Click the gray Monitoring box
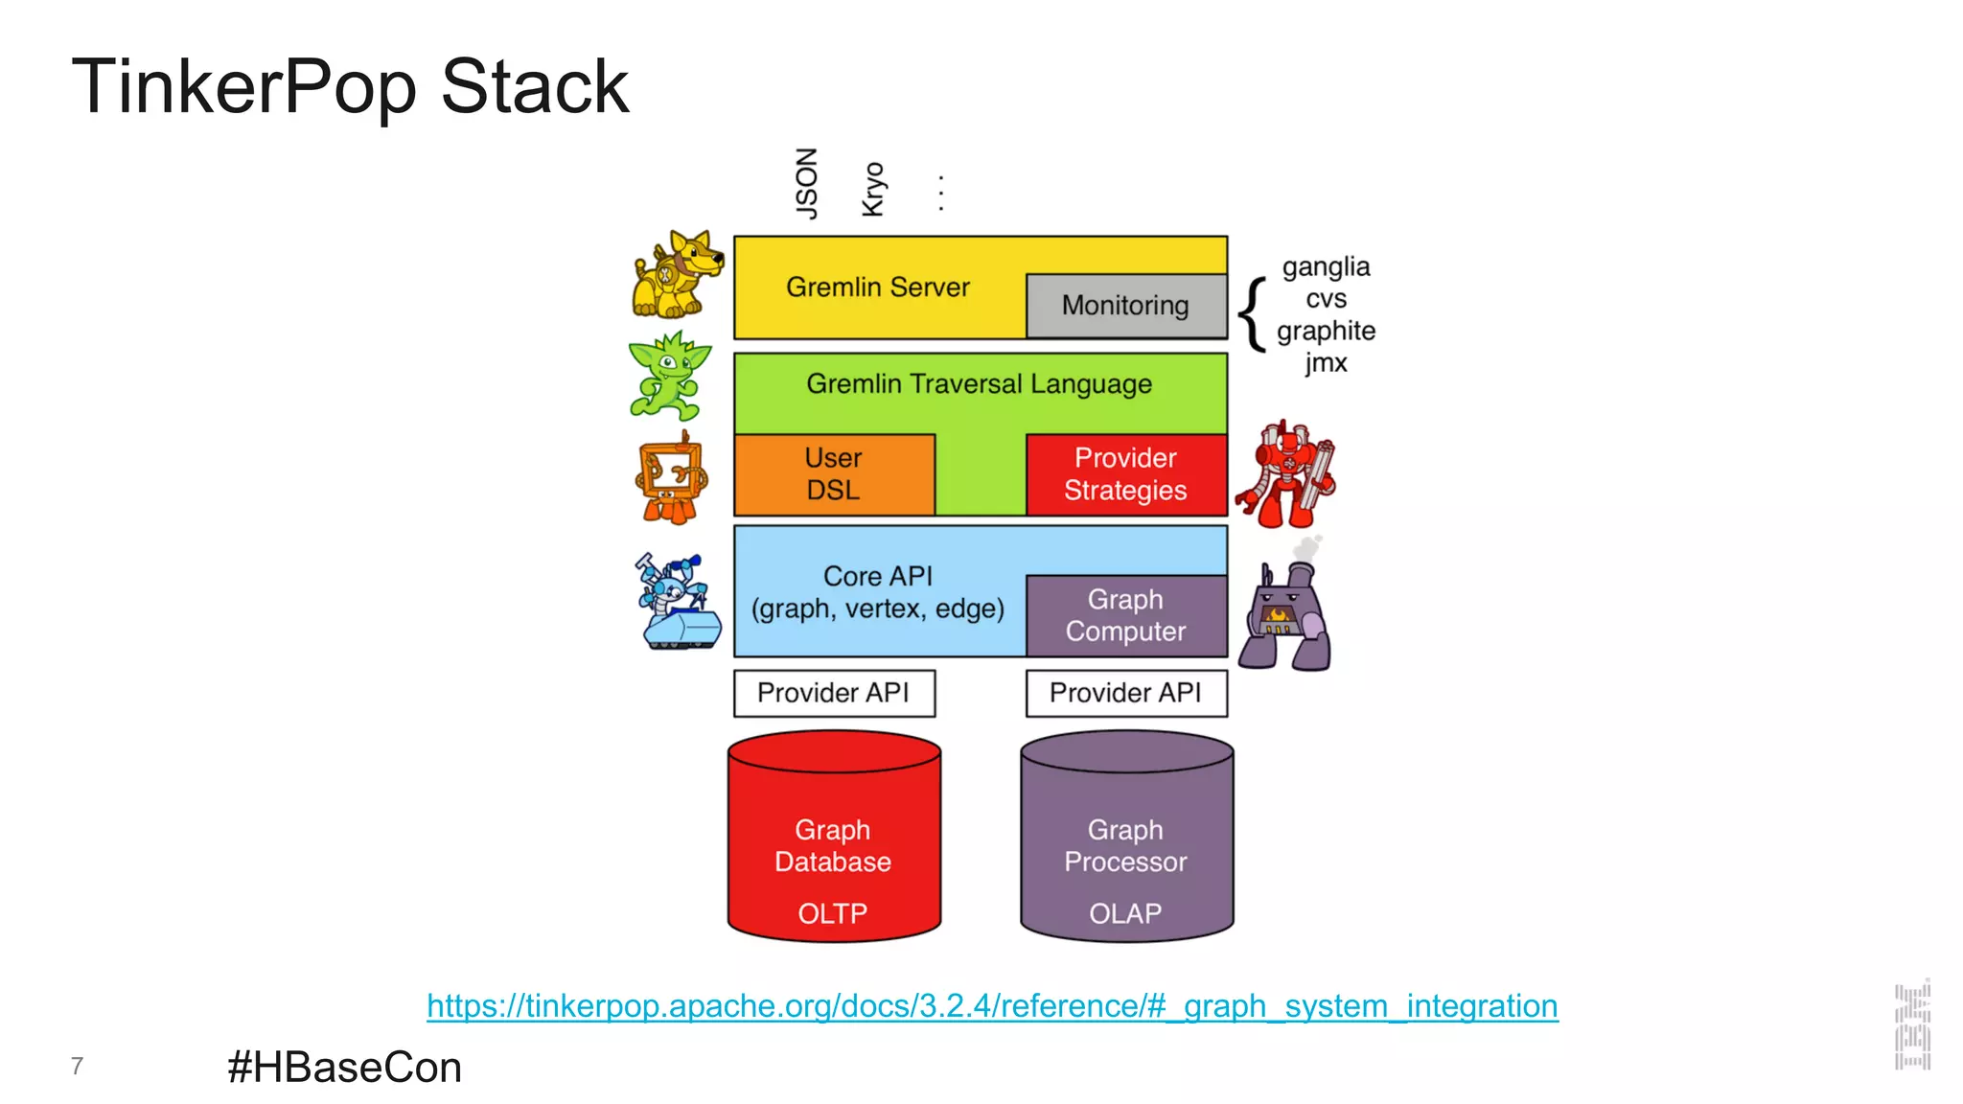(1125, 306)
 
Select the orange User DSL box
(834, 474)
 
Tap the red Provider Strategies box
(1126, 474)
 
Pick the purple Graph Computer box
(1126, 615)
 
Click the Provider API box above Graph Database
(834, 693)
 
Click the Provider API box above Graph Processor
(1126, 693)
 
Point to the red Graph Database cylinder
(834, 843)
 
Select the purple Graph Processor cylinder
(1126, 843)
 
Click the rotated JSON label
(807, 183)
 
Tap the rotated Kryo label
(873, 190)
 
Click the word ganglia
(1326, 266)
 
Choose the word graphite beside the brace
(1326, 331)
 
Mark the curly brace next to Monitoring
(1252, 314)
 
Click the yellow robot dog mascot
(677, 275)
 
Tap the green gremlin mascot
(670, 376)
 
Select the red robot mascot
(1285, 475)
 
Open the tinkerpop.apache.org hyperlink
(992, 1006)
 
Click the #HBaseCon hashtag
(344, 1068)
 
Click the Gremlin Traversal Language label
(979, 384)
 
